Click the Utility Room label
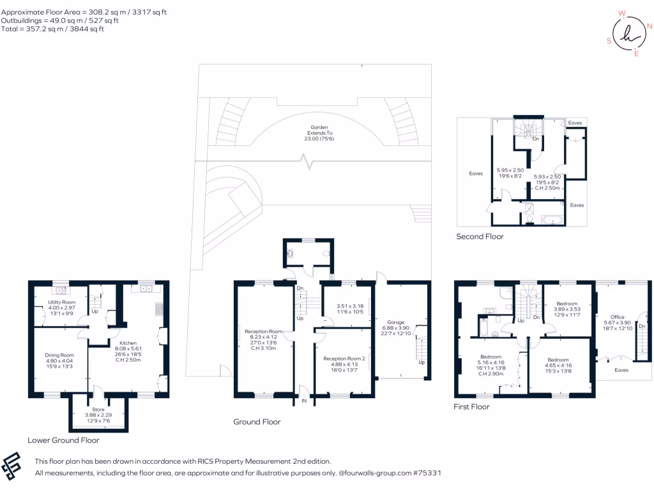[x=62, y=302]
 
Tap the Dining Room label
[x=59, y=355]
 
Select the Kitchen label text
[x=128, y=343]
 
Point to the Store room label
[x=98, y=410]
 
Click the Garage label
[x=396, y=322]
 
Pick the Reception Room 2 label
[x=344, y=359]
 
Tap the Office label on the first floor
[x=618, y=316]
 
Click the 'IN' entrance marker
[x=304, y=401]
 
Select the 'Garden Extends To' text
[x=319, y=130]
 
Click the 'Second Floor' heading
[x=480, y=236]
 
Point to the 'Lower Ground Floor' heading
[x=63, y=440]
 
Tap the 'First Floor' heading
[x=472, y=406]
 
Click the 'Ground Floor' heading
[x=257, y=422]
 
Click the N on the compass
[x=649, y=26]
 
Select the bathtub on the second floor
[x=552, y=219]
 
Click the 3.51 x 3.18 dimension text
[x=350, y=306]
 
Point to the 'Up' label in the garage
[x=422, y=362]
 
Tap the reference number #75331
[x=427, y=473]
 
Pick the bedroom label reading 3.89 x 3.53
[x=567, y=309]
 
